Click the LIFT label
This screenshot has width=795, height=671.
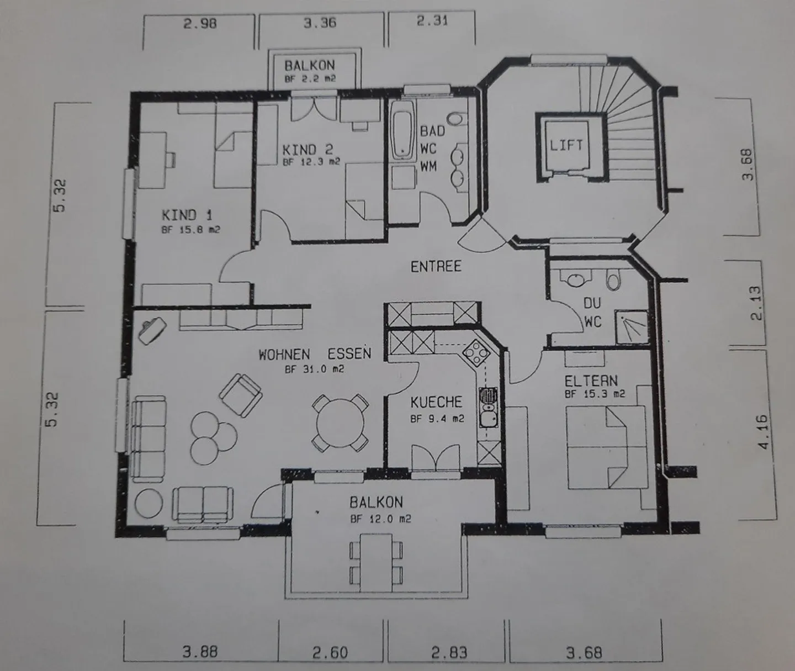tap(566, 145)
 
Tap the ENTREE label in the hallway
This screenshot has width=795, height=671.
tap(436, 266)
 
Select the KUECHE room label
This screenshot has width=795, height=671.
tap(436, 402)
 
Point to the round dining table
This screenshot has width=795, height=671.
tap(340, 423)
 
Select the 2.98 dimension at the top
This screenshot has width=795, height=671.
tap(200, 24)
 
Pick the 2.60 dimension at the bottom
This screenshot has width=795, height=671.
tap(330, 653)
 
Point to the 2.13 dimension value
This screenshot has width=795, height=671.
tap(756, 304)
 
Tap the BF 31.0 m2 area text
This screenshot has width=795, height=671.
tap(315, 369)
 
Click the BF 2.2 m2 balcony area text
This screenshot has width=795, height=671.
tap(310, 79)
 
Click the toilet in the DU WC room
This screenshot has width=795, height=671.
tap(613, 279)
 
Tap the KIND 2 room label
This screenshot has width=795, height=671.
tap(308, 150)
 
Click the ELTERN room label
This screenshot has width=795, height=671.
tap(591, 381)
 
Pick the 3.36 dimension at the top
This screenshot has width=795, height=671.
tap(320, 23)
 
